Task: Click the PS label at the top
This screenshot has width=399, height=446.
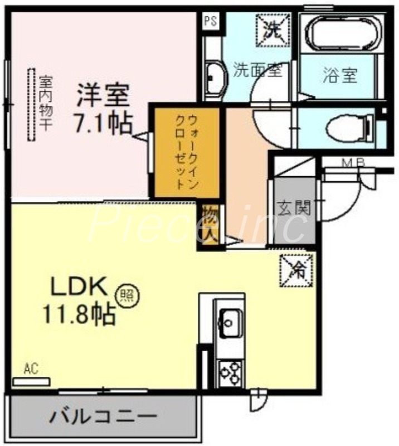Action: click(210, 22)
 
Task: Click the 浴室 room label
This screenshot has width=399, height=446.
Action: click(339, 75)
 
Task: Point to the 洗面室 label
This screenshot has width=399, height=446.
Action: click(257, 70)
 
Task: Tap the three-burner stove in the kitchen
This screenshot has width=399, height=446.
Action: click(230, 372)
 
